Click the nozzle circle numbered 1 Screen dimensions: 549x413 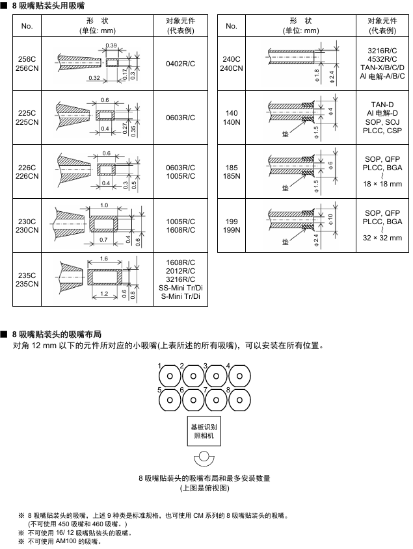[170, 376]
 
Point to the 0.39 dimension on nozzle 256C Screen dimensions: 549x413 [111, 45]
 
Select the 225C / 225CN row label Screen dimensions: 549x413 [27, 117]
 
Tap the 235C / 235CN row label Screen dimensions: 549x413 [27, 279]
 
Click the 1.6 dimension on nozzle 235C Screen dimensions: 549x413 [104, 259]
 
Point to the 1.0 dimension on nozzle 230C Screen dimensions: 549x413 [104, 205]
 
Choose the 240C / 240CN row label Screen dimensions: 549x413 [231, 63]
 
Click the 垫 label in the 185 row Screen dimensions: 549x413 [284, 187]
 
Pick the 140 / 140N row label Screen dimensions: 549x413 [231, 117]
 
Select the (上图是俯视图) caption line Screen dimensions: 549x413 [204, 487]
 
